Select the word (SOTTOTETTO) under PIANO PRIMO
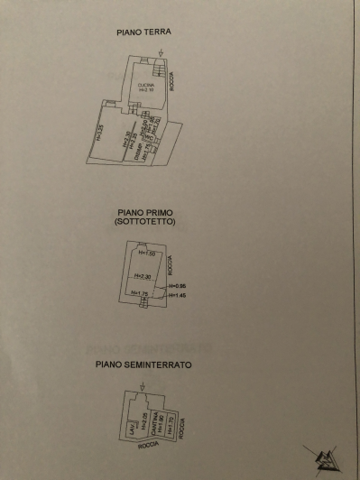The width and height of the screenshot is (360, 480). [144, 221]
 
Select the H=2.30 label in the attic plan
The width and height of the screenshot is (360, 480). [143, 276]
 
